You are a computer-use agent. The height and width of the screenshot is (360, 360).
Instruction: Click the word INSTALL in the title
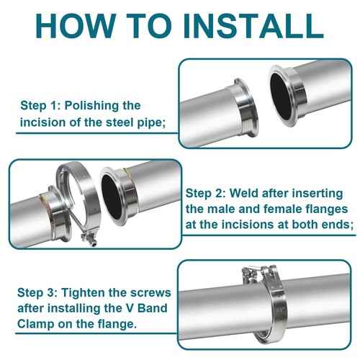[254, 26]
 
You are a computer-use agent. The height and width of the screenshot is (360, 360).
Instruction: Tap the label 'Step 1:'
[40, 106]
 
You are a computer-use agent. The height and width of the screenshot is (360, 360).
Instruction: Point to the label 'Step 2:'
[206, 194]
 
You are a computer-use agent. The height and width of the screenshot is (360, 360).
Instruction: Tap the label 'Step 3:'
[37, 293]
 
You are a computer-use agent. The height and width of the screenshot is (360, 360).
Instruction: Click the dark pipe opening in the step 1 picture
[281, 99]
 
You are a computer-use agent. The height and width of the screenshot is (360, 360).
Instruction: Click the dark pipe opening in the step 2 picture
[112, 197]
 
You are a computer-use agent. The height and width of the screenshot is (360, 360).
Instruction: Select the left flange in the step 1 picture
[243, 108]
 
